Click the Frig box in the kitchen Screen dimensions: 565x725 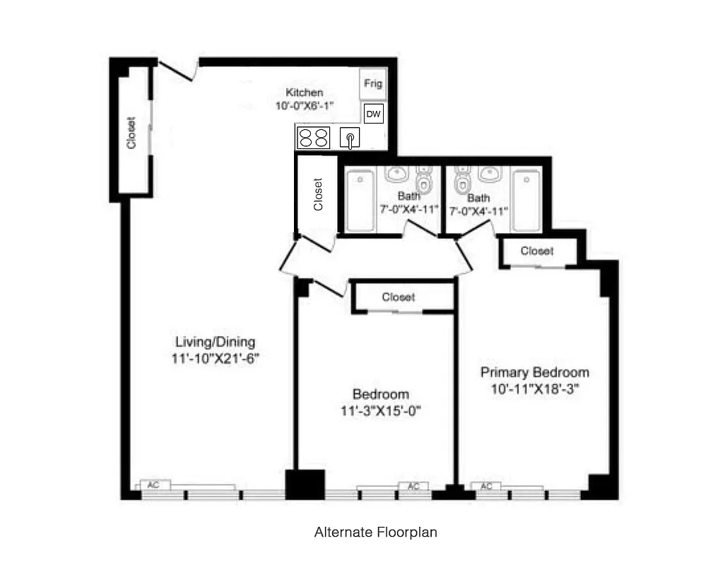[372, 84]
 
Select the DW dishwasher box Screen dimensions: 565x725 [373, 114]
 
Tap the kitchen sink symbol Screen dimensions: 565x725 [350, 138]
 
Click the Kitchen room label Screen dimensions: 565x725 [305, 93]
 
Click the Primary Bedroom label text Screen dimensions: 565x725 [535, 372]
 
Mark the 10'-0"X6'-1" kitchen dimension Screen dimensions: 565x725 [305, 105]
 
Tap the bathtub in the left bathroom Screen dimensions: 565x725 [360, 200]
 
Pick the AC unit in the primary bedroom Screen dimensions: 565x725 [487, 486]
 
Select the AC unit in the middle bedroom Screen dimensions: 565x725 [414, 486]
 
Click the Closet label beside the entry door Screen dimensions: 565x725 [131, 133]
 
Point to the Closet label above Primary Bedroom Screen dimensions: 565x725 [537, 251]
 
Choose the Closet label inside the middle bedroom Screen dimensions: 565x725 [399, 297]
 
